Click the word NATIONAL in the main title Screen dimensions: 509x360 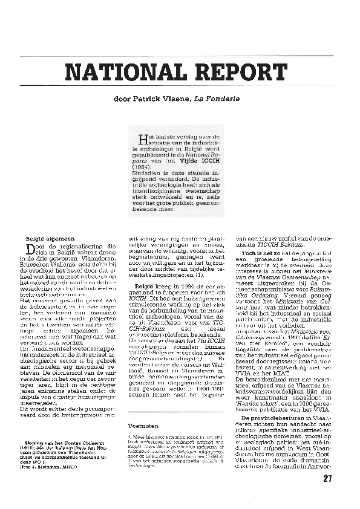click(120, 73)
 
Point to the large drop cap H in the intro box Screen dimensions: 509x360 click(143, 139)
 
